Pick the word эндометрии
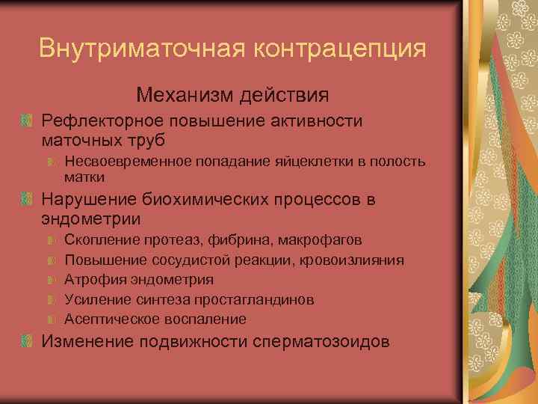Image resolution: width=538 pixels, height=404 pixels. [x=91, y=220]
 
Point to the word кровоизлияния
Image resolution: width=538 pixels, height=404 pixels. [x=356, y=260]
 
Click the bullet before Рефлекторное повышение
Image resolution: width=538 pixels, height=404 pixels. [x=28, y=120]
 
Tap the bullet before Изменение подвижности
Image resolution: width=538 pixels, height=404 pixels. [x=28, y=341]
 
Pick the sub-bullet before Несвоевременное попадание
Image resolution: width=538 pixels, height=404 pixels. [x=52, y=161]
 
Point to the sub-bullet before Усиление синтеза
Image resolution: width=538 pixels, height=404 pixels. [x=52, y=299]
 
